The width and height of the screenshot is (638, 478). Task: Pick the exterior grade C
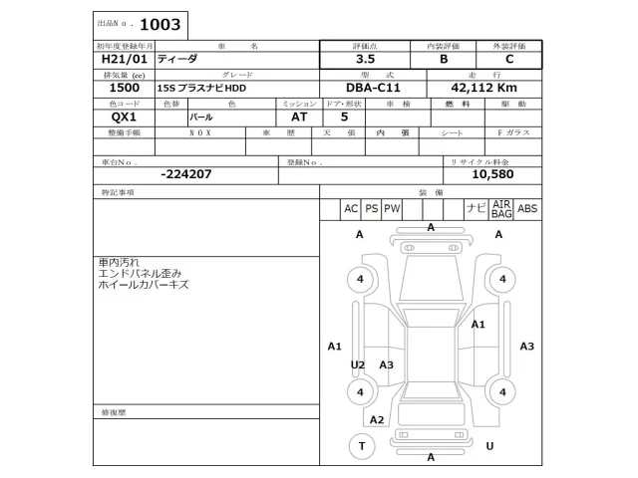(x=509, y=59)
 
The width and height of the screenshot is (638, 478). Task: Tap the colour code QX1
(x=112, y=117)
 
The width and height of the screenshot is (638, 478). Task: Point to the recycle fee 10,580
(x=491, y=173)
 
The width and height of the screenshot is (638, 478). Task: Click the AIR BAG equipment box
(x=501, y=208)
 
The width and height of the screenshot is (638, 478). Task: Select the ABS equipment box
(x=528, y=208)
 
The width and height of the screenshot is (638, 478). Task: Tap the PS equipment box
(x=371, y=208)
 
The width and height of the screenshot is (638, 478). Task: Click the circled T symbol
(x=360, y=447)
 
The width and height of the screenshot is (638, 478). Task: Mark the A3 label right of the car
(x=527, y=346)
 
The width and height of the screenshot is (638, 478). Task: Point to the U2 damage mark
(x=358, y=365)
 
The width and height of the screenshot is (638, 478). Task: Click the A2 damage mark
(x=377, y=419)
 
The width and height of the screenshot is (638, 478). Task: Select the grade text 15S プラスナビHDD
(x=200, y=88)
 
